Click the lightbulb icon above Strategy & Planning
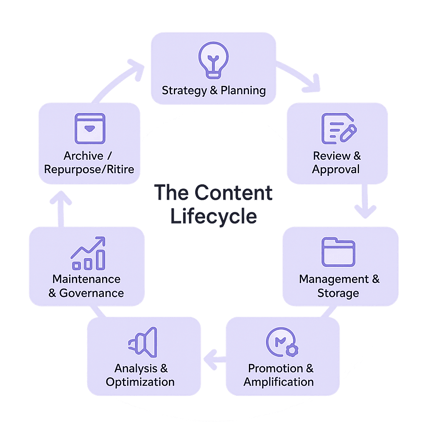pyautogui.click(x=213, y=60)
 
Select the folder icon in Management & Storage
pyautogui.click(x=338, y=252)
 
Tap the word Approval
pyautogui.click(x=336, y=169)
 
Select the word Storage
pyautogui.click(x=338, y=293)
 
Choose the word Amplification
pyautogui.click(x=279, y=382)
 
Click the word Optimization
pyautogui.click(x=140, y=382)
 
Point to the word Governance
pyautogui.click(x=92, y=293)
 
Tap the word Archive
pyautogui.click(x=83, y=156)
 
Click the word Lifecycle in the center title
pyautogui.click(x=213, y=216)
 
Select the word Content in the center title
pyautogui.click(x=234, y=193)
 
